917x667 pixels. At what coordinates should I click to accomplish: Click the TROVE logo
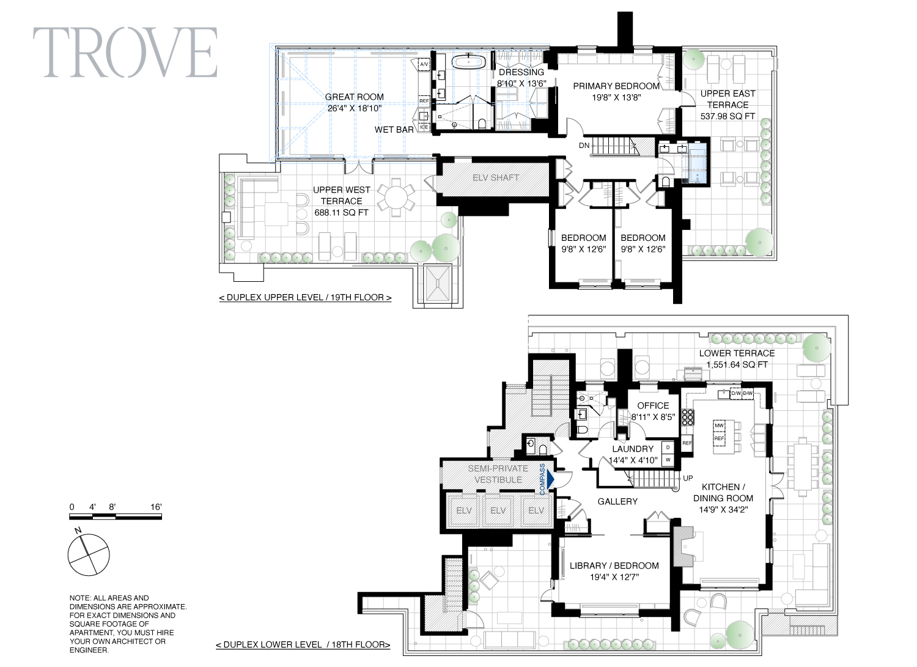pos(125,52)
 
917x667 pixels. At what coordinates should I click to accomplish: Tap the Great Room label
pos(355,97)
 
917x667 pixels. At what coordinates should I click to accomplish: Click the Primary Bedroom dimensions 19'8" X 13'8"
pos(616,97)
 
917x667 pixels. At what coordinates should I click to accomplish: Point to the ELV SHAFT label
pos(495,177)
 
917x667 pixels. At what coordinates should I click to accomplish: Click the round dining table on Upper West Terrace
pos(396,197)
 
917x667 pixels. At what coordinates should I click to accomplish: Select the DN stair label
pos(584,146)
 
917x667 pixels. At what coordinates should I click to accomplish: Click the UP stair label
pos(688,478)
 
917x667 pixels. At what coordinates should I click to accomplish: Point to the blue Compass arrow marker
pos(550,479)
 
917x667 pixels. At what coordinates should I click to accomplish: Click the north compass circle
pos(89,555)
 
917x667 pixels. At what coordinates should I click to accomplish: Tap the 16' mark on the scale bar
pos(156,507)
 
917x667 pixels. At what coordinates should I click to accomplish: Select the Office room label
pos(653,406)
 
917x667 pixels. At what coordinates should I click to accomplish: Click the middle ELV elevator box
pos(498,510)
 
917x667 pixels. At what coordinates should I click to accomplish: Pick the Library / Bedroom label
pos(614,566)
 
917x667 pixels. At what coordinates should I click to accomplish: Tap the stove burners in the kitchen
pos(687,417)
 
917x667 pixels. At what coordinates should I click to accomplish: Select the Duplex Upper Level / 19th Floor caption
pos(305,297)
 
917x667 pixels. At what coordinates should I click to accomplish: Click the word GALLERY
pos(617,501)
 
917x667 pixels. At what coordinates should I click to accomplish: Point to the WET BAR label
pos(394,130)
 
